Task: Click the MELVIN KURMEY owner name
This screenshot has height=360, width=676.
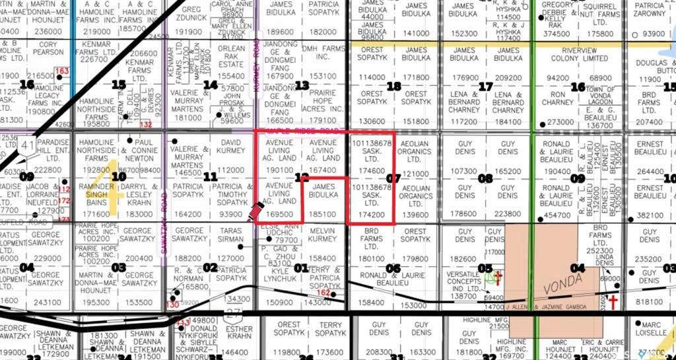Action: [323, 235]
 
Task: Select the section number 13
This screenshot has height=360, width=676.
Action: [302, 85]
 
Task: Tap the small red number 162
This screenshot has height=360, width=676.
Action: [323, 293]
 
